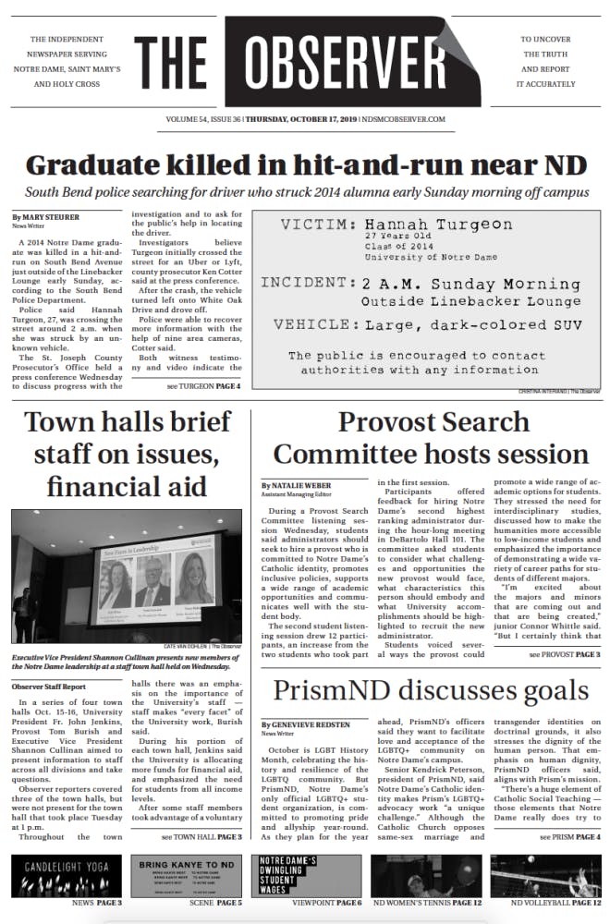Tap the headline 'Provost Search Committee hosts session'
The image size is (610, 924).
pos(433,437)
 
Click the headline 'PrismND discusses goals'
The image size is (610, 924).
pos(431,690)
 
